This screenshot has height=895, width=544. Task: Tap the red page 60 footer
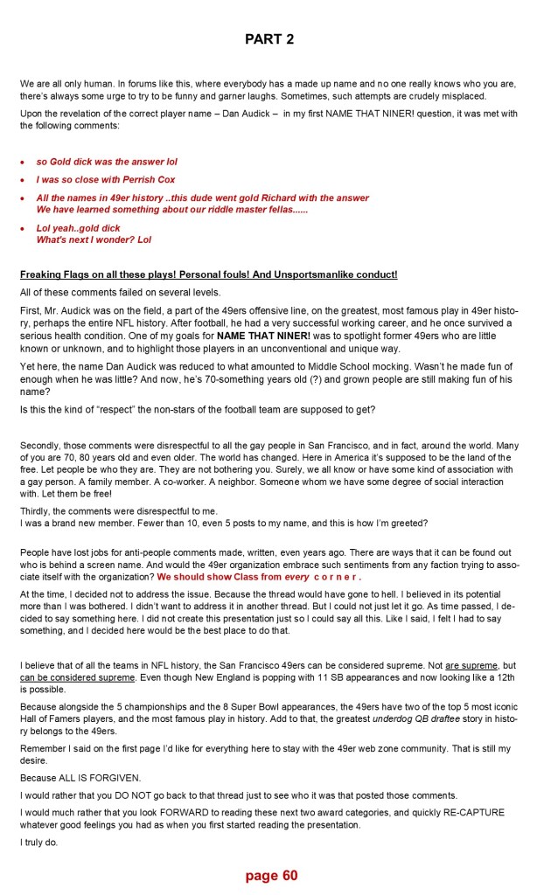tap(271, 875)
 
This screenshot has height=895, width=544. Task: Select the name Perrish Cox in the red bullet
tap(151, 180)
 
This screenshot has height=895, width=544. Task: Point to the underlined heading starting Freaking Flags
tap(208, 274)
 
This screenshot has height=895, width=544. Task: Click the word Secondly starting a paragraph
tap(40, 445)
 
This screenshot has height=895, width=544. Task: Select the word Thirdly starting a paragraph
tap(36, 511)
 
